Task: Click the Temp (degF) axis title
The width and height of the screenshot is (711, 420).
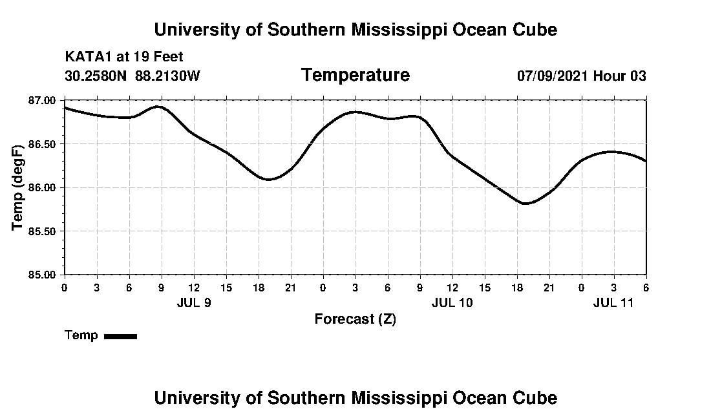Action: click(x=17, y=187)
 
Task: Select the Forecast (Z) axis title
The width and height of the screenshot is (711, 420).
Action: click(x=355, y=319)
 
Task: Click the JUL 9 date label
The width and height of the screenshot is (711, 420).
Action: click(x=193, y=302)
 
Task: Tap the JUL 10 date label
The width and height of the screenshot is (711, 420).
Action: click(x=452, y=302)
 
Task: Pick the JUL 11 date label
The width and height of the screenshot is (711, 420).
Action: click(x=613, y=302)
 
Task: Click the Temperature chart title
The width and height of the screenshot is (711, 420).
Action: click(x=355, y=75)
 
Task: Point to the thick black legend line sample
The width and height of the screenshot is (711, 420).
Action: click(x=120, y=336)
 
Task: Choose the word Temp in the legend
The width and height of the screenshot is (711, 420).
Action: click(x=81, y=335)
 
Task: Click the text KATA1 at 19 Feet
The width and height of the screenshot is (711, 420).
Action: click(x=124, y=57)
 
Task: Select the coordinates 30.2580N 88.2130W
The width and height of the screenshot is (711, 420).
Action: click(x=133, y=76)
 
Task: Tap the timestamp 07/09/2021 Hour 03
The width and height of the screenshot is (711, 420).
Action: click(x=581, y=76)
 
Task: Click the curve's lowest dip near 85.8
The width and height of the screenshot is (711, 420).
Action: click(x=526, y=204)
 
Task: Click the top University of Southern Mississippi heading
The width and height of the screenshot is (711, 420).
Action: click(x=355, y=30)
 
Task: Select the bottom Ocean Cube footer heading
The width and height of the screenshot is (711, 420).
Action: click(x=355, y=397)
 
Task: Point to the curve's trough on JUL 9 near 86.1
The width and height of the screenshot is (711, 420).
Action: click(x=268, y=179)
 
